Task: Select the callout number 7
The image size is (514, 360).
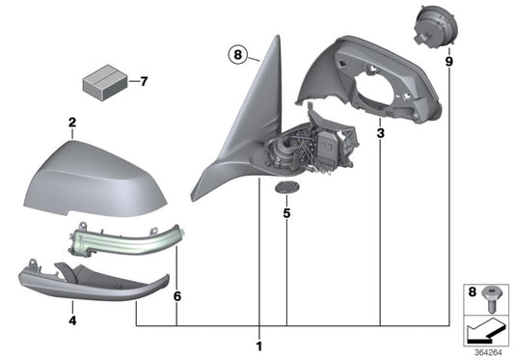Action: point(145,81)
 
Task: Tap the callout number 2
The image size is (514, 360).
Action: point(70,124)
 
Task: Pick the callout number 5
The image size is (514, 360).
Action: point(287,212)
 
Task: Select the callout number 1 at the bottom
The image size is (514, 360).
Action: point(257,345)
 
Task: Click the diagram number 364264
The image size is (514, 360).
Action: point(488,351)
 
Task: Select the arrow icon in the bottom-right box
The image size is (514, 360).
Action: point(484,331)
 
